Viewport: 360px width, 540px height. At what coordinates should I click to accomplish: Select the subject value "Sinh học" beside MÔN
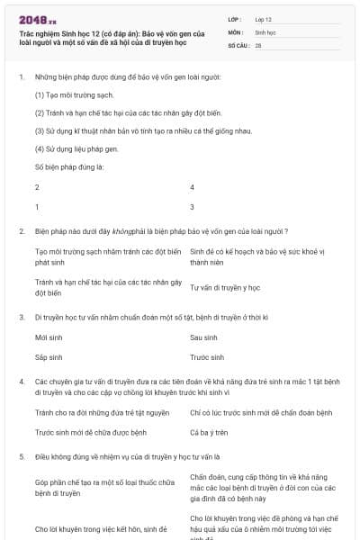point(265,31)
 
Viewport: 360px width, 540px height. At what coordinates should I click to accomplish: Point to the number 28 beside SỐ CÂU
point(258,44)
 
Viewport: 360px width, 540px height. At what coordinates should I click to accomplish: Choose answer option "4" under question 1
point(192,187)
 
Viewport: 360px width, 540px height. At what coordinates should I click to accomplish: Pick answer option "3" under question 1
point(192,207)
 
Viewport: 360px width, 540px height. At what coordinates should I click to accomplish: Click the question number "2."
point(21,231)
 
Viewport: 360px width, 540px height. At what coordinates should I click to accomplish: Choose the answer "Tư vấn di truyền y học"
point(225,287)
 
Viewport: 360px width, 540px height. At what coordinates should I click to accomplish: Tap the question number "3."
point(21,317)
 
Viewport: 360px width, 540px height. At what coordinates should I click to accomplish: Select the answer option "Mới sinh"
point(48,337)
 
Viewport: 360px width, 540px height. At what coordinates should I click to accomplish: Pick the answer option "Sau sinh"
point(203,337)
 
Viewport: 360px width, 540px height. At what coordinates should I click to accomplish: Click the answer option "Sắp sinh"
point(48,356)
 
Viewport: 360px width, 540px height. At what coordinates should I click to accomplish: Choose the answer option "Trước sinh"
point(206,356)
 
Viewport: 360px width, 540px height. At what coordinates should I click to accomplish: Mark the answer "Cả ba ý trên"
point(211,432)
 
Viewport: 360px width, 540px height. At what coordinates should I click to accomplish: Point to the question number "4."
point(21,382)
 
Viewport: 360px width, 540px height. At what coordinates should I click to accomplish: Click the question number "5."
point(21,457)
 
